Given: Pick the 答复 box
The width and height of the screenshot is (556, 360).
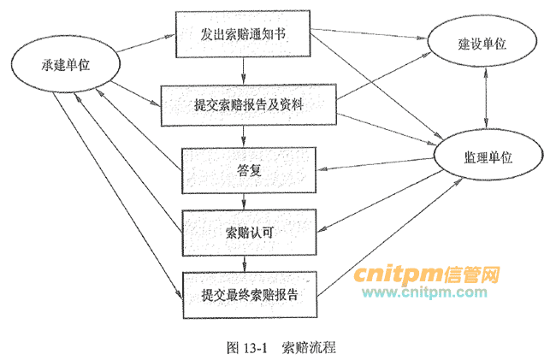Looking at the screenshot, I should click(x=249, y=169).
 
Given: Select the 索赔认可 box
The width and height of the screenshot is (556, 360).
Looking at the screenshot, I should click(x=249, y=231).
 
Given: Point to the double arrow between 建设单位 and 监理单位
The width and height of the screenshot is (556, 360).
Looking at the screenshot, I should click(x=487, y=100).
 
